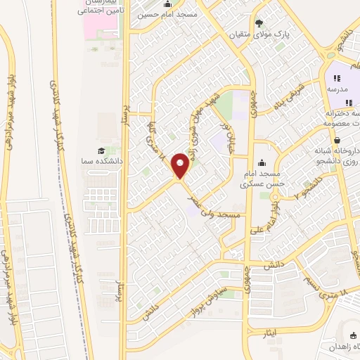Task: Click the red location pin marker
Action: pyautogui.click(x=181, y=167)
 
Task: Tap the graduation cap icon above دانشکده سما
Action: pyautogui.click(x=103, y=150)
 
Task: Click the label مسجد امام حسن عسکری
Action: pyautogui.click(x=262, y=179)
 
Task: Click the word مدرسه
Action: pyautogui.click(x=336, y=90)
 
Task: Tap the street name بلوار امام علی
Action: pyautogui.click(x=276, y=216)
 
